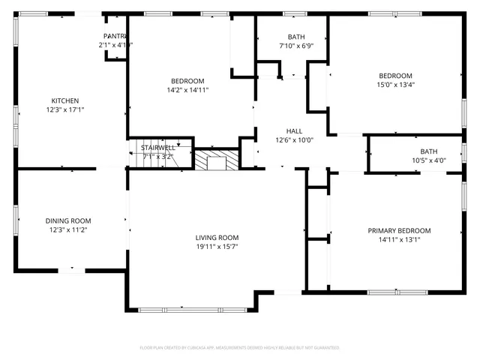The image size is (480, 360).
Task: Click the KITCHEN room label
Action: coord(64,100)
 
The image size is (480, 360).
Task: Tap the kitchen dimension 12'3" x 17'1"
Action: coord(64,110)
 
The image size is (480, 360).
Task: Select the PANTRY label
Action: coord(115,36)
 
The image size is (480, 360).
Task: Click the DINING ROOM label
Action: coord(68,220)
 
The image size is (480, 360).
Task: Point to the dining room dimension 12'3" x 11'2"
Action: coord(68,230)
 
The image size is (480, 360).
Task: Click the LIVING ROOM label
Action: coord(217,237)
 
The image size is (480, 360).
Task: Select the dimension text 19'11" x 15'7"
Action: coord(217,247)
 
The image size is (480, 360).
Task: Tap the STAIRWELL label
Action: coord(158,148)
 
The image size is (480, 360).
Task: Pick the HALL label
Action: coord(294,130)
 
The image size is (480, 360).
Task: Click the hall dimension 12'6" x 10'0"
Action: coord(294,139)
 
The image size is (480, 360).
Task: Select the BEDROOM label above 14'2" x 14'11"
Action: coord(187,81)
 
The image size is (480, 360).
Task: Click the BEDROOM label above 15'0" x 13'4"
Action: coord(395,75)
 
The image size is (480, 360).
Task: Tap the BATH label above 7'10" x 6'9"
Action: coord(296,37)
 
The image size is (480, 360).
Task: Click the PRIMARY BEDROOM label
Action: coord(399,230)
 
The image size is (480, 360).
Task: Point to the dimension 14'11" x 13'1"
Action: coord(399,240)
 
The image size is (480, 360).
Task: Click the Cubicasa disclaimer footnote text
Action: coord(240,348)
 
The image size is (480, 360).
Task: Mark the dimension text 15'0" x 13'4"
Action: coord(395,85)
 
